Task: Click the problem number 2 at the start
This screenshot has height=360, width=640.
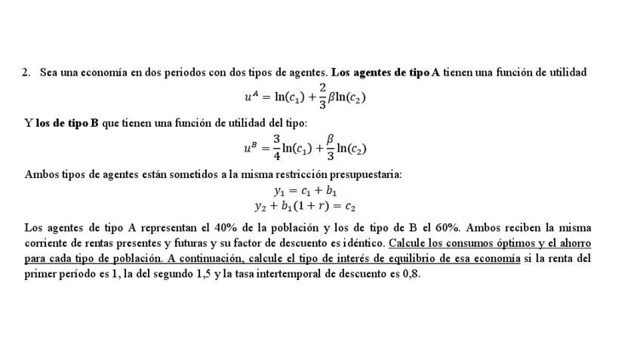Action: pyautogui.click(x=26, y=72)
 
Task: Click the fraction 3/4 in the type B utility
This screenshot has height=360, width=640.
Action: pyautogui.click(x=277, y=148)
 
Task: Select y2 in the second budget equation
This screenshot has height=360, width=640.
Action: pyautogui.click(x=260, y=205)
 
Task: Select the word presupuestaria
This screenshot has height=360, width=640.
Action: pyautogui.click(x=365, y=174)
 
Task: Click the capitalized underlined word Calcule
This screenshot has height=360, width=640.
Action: pyautogui.click(x=408, y=243)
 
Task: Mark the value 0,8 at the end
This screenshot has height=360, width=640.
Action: pyautogui.click(x=411, y=273)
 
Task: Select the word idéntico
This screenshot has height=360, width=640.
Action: pyautogui.click(x=363, y=243)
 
